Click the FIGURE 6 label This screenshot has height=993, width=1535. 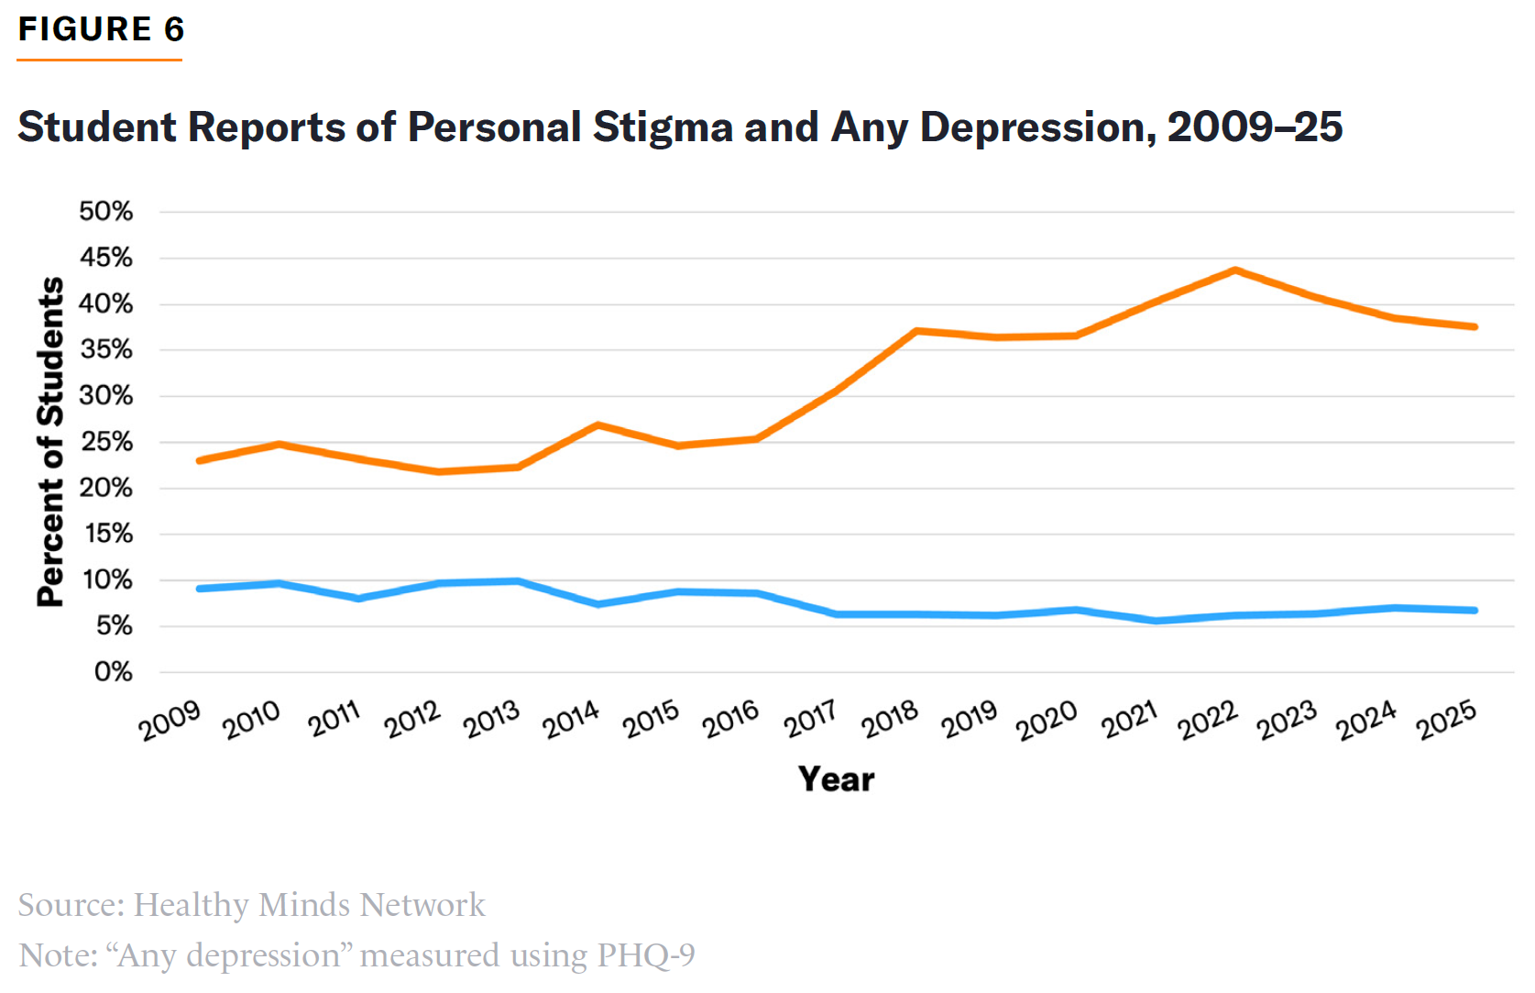tap(101, 29)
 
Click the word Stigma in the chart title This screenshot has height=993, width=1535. tap(663, 127)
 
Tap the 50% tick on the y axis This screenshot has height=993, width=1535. tap(105, 212)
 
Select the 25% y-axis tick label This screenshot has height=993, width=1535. tap(105, 442)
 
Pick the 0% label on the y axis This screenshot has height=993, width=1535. tap(113, 672)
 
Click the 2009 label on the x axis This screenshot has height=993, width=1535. tap(170, 721)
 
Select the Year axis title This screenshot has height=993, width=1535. tap(836, 779)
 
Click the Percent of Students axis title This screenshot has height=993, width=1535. tap(51, 442)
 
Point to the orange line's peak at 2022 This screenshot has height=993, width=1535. tap(1235, 270)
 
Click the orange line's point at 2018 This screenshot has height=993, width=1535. tap(916, 331)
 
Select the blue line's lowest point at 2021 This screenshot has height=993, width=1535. tap(1156, 621)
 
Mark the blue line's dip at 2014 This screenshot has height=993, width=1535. tap(598, 604)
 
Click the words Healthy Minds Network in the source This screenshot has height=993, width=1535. tap(309, 905)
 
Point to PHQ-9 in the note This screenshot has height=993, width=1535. tap(645, 955)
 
